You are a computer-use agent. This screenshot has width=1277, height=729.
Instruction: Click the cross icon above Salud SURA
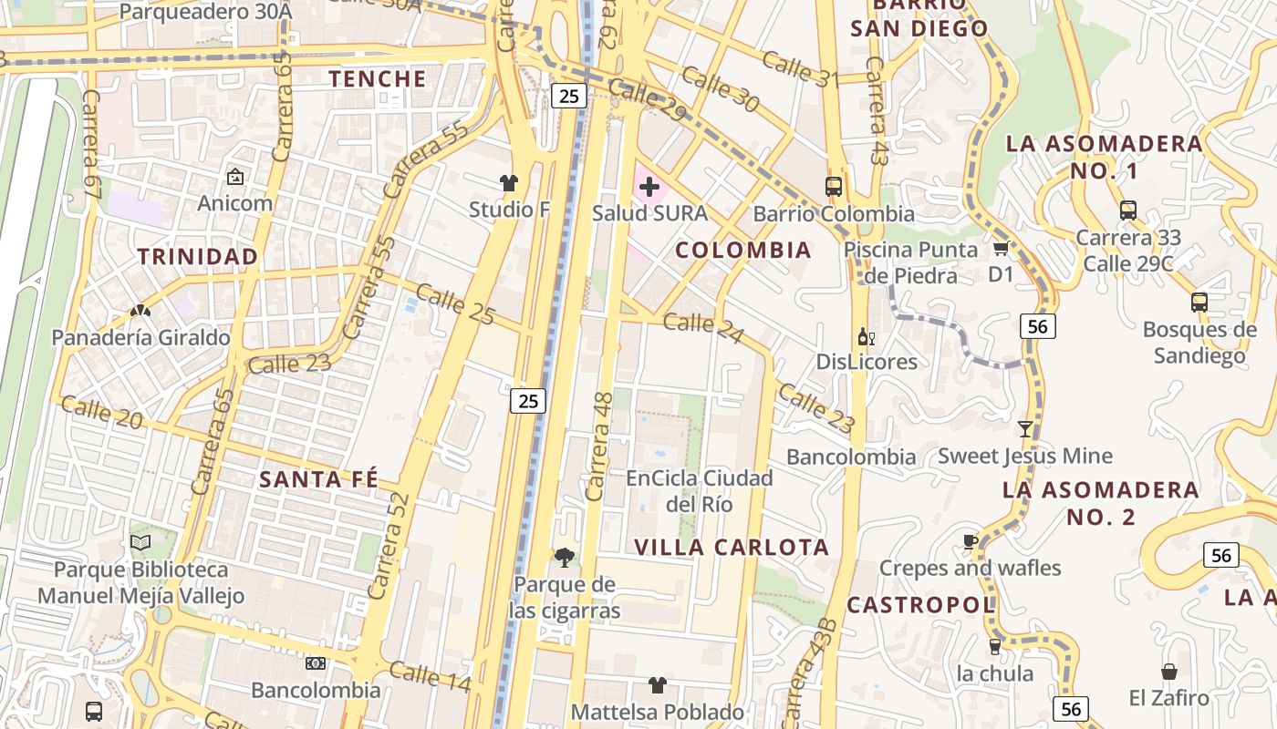tap(649, 188)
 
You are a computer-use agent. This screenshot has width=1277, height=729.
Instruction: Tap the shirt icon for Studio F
tap(509, 183)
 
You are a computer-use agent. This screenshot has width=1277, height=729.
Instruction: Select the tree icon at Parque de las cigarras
tap(565, 557)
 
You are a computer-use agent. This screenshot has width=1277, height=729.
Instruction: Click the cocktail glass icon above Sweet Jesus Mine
tap(1025, 428)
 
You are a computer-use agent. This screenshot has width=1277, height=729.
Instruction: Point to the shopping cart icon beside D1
tap(1001, 248)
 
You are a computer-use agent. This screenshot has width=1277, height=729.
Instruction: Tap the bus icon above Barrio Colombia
tap(834, 187)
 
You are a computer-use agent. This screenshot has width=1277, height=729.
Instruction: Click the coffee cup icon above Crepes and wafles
tap(970, 541)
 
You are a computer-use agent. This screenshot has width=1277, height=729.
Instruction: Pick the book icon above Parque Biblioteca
tap(140, 543)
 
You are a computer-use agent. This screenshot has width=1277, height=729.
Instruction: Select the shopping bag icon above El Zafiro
tap(1168, 673)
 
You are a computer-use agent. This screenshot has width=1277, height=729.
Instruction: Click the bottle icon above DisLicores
tap(866, 337)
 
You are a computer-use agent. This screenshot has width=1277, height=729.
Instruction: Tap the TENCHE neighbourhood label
tap(378, 79)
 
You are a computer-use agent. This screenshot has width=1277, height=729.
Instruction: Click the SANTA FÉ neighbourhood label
tap(318, 480)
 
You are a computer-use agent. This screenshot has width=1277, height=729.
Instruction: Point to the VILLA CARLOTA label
tap(732, 547)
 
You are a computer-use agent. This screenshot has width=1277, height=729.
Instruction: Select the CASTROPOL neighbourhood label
tap(920, 605)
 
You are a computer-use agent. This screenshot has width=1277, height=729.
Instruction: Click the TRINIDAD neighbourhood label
tap(198, 257)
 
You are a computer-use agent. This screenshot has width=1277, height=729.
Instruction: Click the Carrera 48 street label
tap(599, 447)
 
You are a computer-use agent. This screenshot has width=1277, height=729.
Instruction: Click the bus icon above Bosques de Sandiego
tap(1199, 303)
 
